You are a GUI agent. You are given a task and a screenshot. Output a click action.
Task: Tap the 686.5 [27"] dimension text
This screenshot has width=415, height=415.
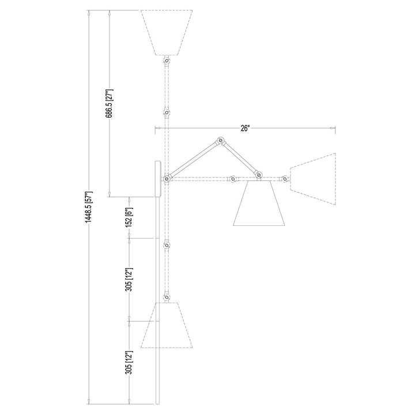click(x=110, y=103)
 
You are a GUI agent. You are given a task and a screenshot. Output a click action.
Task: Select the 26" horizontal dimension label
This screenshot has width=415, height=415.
click(x=245, y=129)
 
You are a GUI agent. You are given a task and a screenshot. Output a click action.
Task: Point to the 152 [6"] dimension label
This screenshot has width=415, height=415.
click(x=129, y=217)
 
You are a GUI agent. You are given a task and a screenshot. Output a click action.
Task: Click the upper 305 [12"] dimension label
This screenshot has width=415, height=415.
click(x=129, y=280)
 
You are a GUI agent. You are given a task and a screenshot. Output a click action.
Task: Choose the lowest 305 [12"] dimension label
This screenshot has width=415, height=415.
click(x=129, y=363)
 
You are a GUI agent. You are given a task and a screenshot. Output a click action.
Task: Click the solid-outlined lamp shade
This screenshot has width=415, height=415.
click(x=259, y=203)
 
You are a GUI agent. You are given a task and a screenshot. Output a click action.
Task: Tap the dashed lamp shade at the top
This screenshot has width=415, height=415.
click(x=166, y=32)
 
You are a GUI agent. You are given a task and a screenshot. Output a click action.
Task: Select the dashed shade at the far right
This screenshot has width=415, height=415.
click(x=313, y=179)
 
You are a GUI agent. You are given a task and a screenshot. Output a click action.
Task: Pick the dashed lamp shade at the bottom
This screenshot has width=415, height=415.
click(x=167, y=325)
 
